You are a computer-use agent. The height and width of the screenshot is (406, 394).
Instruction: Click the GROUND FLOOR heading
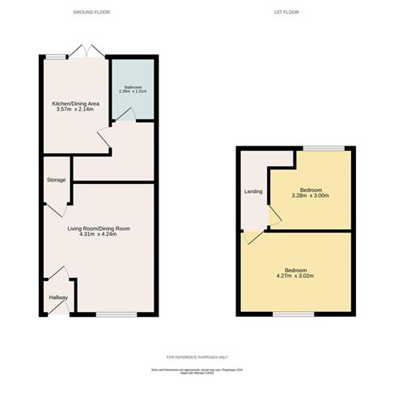91,13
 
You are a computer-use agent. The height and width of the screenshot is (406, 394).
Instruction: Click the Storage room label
56,180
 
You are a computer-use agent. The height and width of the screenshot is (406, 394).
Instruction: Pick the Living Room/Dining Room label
99,229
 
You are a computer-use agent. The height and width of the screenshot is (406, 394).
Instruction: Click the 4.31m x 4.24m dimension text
99,236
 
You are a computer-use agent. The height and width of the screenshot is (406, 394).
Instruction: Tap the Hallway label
58,298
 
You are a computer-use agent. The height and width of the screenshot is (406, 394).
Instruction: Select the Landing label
253,192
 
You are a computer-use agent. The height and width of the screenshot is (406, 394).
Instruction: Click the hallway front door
57,276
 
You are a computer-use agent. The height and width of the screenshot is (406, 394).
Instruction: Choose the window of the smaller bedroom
312,147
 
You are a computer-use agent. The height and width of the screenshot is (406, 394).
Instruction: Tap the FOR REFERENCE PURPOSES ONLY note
197,357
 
